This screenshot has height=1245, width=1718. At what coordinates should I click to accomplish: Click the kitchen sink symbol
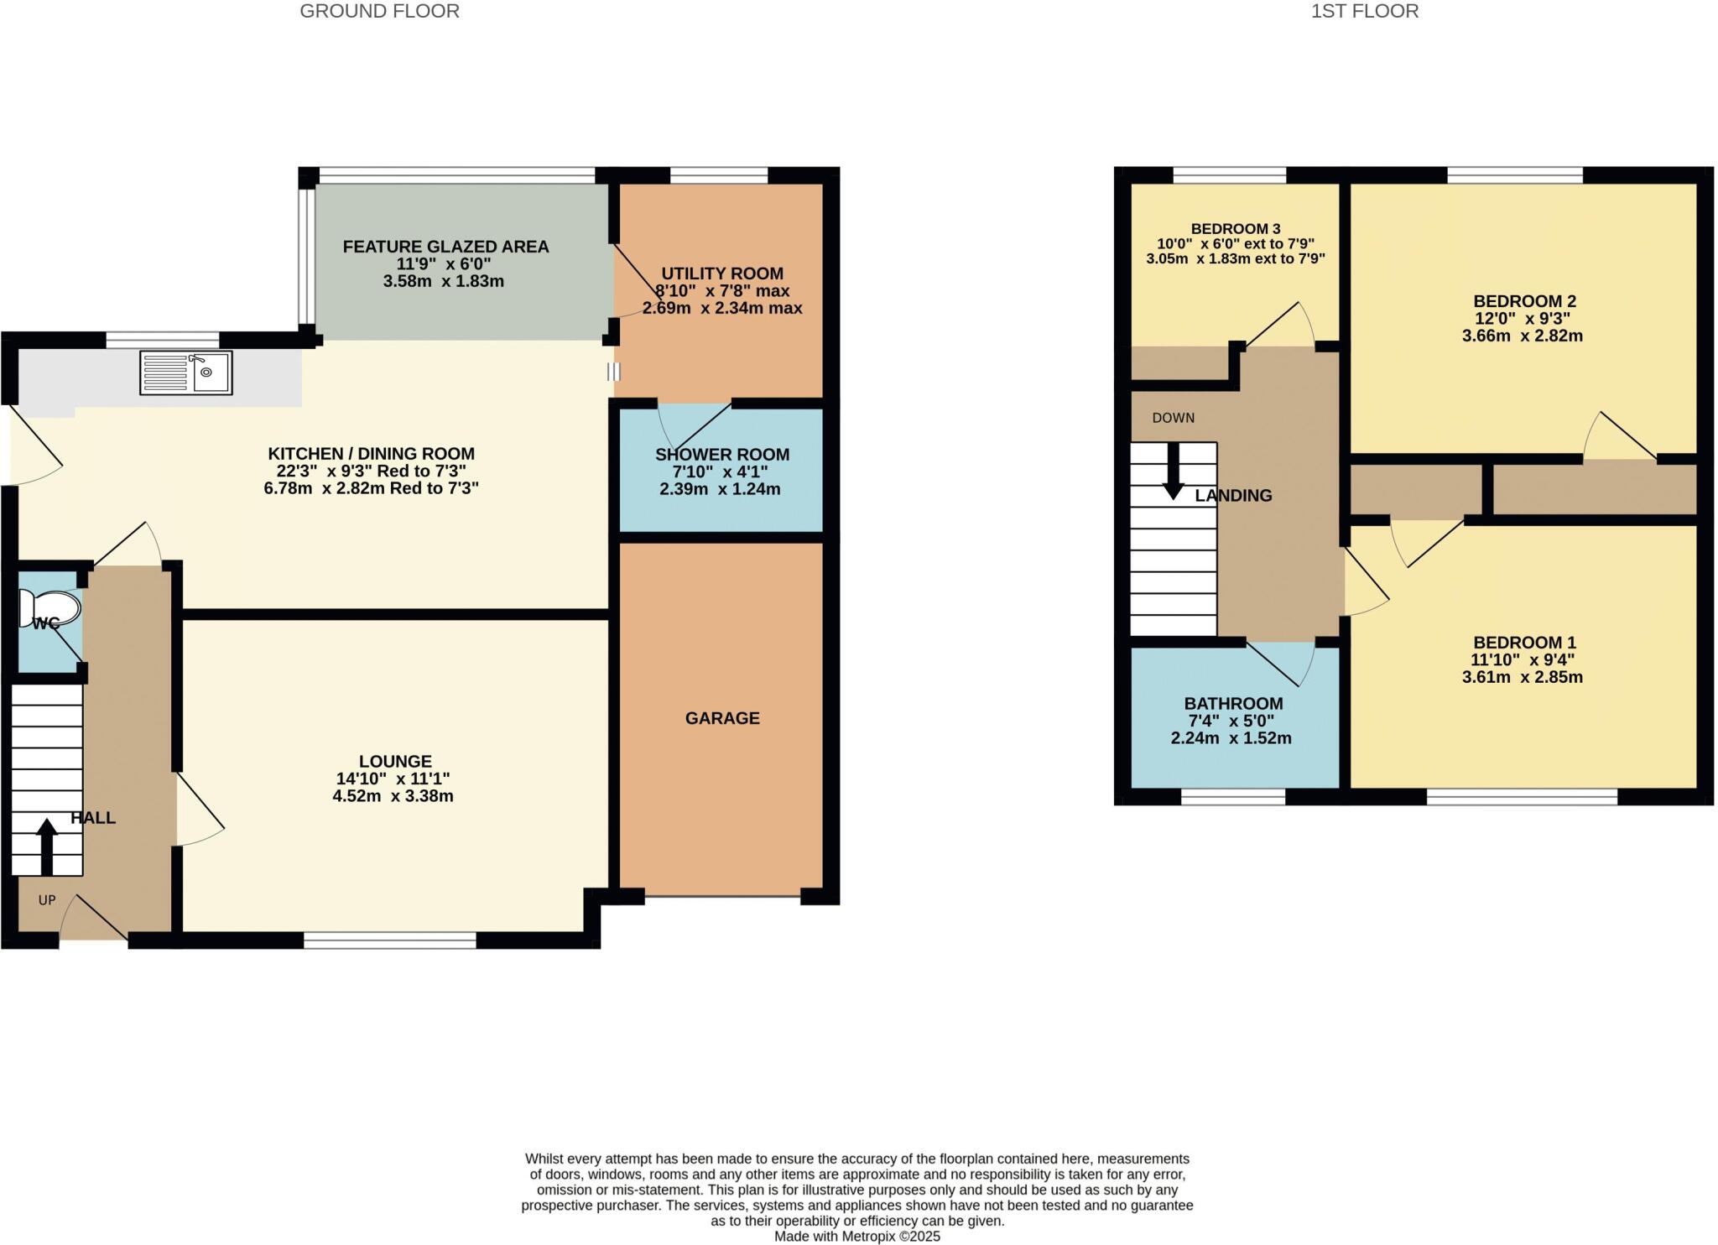(x=185, y=372)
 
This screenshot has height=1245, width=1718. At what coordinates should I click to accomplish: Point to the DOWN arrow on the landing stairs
(x=1173, y=471)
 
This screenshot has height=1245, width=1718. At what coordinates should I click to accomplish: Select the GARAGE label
(x=722, y=718)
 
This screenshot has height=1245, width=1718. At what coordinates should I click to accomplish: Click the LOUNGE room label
(x=395, y=761)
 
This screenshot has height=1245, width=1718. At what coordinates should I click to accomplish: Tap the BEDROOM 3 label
(x=1235, y=228)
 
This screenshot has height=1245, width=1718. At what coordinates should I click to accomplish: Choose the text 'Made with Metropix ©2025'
(x=856, y=1237)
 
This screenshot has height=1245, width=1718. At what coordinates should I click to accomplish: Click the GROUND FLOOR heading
(x=379, y=11)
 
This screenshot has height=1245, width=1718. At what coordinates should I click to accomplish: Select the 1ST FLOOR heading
(x=1364, y=11)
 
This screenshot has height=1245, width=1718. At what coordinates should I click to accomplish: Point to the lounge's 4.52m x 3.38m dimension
(x=393, y=796)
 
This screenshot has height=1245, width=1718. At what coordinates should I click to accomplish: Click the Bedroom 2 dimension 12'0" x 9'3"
(x=1522, y=319)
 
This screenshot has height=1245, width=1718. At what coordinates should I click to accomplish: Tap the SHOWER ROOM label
(x=721, y=455)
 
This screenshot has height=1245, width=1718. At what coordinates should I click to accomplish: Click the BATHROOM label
(x=1233, y=704)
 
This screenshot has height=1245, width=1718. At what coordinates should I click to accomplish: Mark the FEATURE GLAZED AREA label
(x=445, y=247)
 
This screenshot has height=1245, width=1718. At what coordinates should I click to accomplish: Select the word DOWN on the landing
(x=1173, y=418)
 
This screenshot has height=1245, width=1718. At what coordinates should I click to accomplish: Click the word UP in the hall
(x=47, y=900)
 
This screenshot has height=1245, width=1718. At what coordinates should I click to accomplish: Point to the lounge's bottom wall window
(x=389, y=941)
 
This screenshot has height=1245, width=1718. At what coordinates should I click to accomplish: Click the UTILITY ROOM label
(x=722, y=273)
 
